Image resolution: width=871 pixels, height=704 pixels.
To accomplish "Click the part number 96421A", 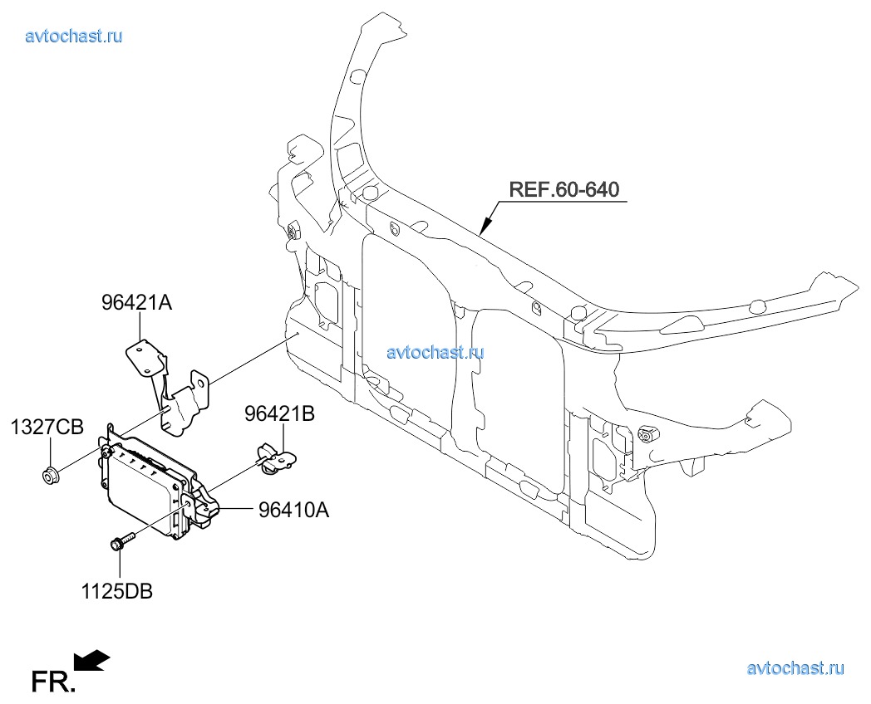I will [x=137, y=304].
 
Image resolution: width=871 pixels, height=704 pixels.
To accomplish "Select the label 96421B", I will [x=279, y=414].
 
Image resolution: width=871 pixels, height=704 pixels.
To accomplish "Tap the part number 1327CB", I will [x=47, y=428].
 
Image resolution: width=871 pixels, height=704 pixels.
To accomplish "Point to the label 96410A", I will [x=293, y=511].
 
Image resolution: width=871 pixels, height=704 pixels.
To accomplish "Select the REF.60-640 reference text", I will [x=563, y=189].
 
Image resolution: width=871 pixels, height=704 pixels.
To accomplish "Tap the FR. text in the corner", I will [x=52, y=682].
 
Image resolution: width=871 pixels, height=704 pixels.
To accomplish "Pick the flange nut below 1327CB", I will [x=48, y=476].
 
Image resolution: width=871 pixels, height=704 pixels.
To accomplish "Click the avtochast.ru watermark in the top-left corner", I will [x=75, y=36].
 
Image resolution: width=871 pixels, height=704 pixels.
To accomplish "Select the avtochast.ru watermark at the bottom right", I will [x=795, y=667].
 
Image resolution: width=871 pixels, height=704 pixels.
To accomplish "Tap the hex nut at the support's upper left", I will [x=293, y=231].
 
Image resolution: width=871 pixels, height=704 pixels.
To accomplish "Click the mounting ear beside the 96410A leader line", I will [x=205, y=509].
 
